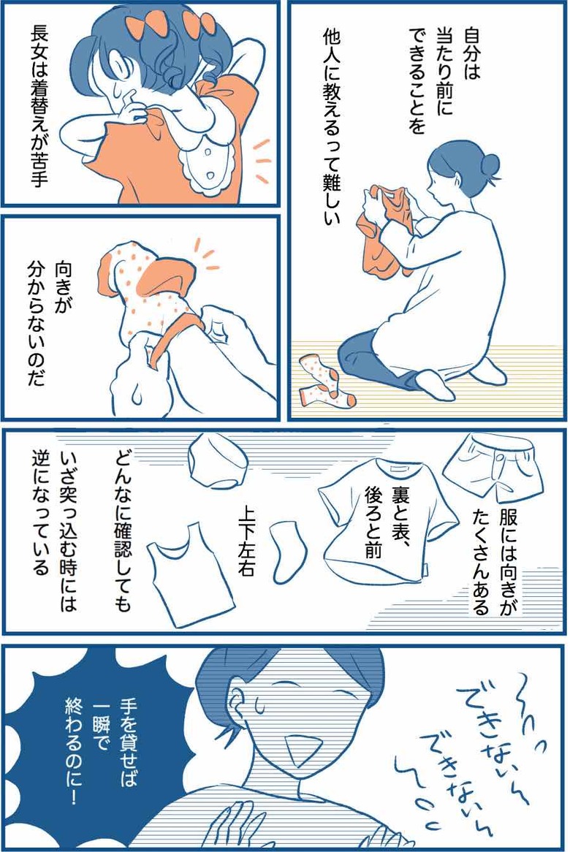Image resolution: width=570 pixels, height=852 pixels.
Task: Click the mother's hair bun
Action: pyautogui.click(x=490, y=167)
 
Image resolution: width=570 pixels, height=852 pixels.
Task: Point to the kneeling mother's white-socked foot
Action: pyautogui.click(x=429, y=384)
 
